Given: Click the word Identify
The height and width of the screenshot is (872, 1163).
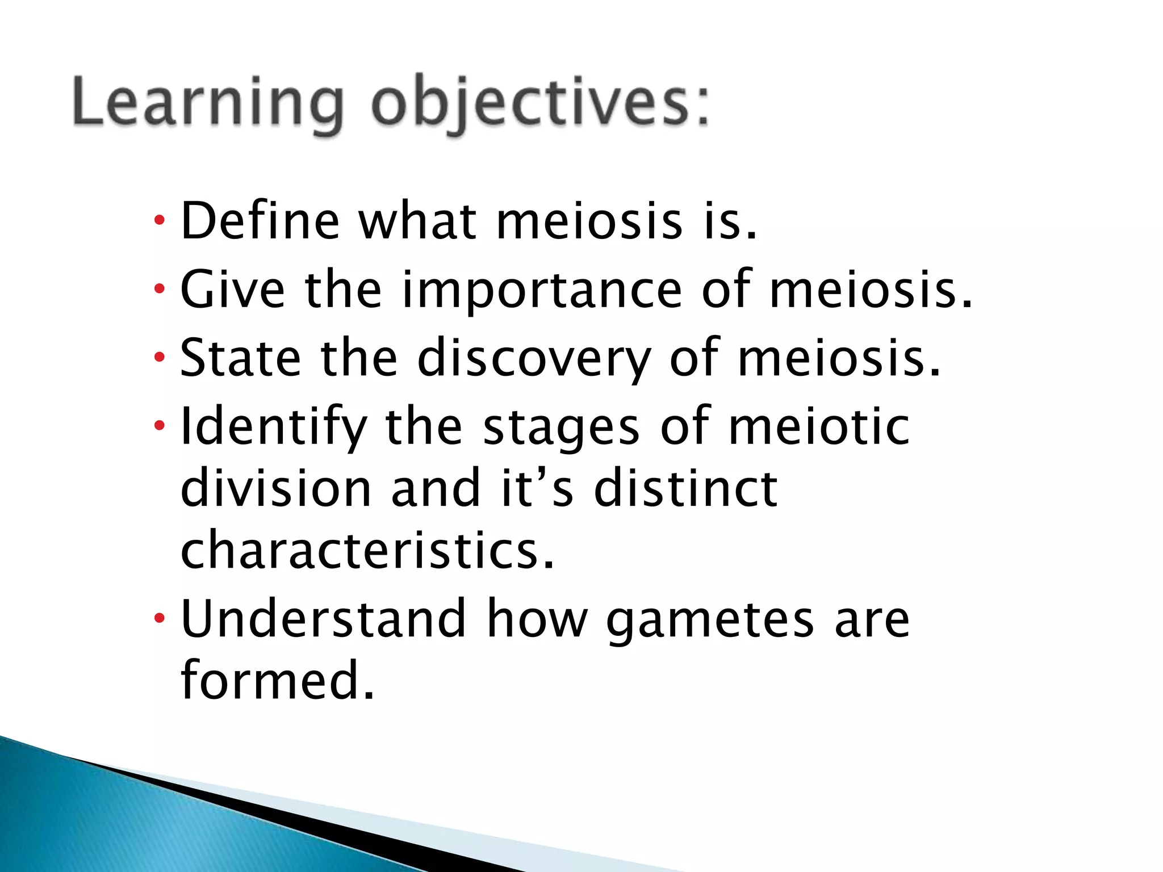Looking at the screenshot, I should point(273,427).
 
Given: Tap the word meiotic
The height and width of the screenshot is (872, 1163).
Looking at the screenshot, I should point(819,427).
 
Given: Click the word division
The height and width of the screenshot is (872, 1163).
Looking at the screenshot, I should point(275,488).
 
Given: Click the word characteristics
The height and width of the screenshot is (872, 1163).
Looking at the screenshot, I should point(367,550).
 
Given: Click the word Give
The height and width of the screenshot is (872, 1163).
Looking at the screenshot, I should point(232,290).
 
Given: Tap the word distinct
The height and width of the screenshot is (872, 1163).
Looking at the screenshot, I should point(685,488).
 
